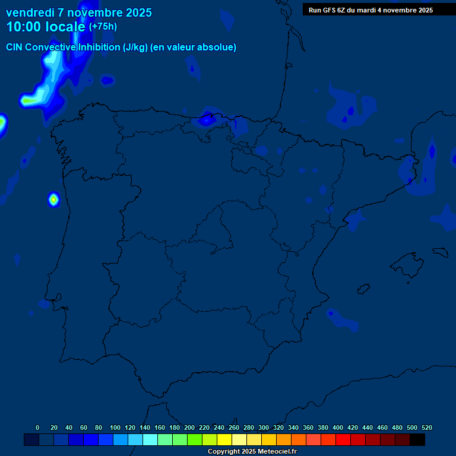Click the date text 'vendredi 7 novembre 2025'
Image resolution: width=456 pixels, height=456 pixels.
coord(78,12)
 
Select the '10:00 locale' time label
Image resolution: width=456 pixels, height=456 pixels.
coord(46,27)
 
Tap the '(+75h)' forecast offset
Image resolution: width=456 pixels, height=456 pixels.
coord(103,27)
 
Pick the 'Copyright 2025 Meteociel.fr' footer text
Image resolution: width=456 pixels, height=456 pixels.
coord(252,452)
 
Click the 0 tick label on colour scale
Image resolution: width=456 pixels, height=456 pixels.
coord(37,427)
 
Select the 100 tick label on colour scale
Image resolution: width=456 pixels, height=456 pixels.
coord(115,427)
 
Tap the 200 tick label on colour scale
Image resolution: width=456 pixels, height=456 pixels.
coord(189,427)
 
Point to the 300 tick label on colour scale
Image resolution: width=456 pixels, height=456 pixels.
coord(264,427)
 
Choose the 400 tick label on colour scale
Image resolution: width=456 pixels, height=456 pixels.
coord(338,427)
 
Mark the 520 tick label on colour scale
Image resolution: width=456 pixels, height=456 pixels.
coord(427,427)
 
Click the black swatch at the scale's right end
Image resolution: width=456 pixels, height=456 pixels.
coord(417,440)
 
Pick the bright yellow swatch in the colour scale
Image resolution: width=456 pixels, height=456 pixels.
coord(224,440)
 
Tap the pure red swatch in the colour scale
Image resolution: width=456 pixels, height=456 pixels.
coord(343,440)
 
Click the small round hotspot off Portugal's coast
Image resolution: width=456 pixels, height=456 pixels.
coord(53,199)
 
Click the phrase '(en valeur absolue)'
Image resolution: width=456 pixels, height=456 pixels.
coord(194,47)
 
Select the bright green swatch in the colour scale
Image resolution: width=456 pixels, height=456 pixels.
coord(195,440)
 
